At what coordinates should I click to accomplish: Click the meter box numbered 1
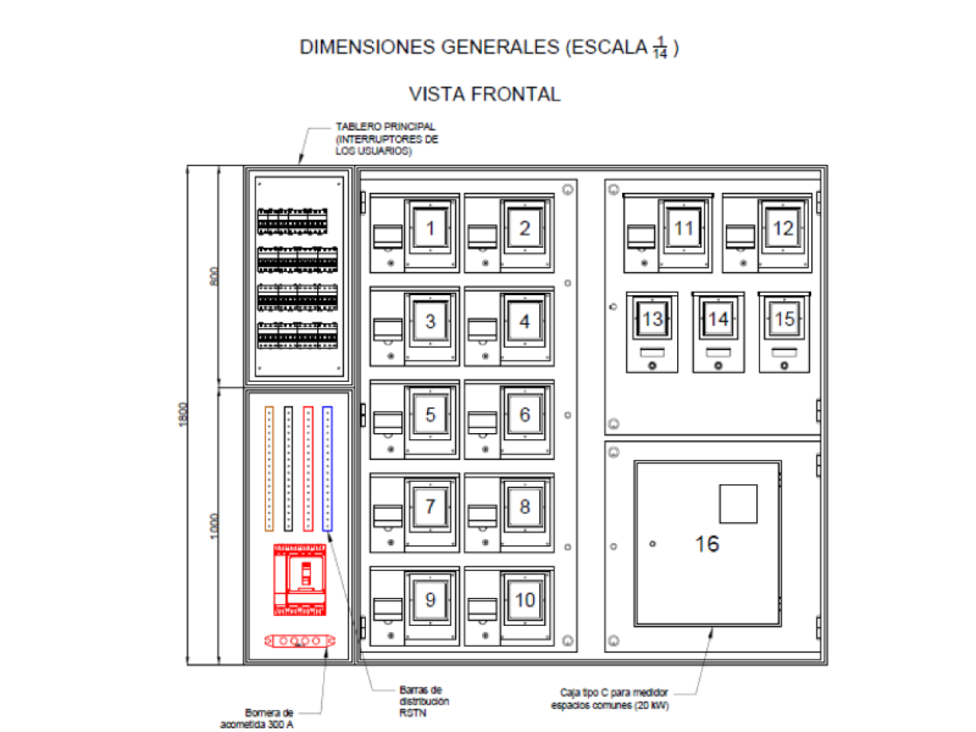point(415,233)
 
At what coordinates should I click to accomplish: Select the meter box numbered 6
point(509,419)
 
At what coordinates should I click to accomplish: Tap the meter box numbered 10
point(509,605)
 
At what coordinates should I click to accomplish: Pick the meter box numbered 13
point(652,332)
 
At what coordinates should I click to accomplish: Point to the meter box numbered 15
point(785,332)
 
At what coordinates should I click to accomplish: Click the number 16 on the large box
point(707,544)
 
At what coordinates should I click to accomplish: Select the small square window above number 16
point(738,503)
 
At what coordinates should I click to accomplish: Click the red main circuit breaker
point(300,579)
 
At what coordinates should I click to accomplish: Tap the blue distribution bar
point(327,468)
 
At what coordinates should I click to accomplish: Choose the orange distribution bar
point(268,468)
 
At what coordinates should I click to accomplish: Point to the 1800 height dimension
point(183,414)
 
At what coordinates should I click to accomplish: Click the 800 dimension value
point(214,276)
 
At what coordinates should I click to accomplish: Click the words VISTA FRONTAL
point(484,95)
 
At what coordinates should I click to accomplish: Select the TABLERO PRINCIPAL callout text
point(387,139)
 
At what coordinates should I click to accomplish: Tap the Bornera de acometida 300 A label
point(258,718)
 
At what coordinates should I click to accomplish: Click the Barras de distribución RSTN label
point(424,701)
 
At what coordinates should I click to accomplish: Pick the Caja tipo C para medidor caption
point(610,699)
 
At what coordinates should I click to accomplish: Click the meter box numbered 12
point(767,233)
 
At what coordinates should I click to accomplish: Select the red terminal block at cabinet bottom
point(300,641)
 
